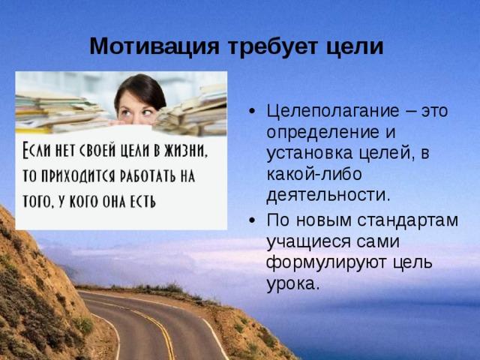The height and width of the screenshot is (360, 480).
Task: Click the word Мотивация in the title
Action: tap(154, 46)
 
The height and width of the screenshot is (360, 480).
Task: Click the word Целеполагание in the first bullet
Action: tap(333, 112)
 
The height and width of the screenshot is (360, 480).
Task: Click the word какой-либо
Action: tap(314, 174)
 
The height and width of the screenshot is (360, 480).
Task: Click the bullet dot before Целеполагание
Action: tap(252, 112)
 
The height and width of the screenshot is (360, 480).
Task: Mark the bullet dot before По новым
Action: tap(252, 220)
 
